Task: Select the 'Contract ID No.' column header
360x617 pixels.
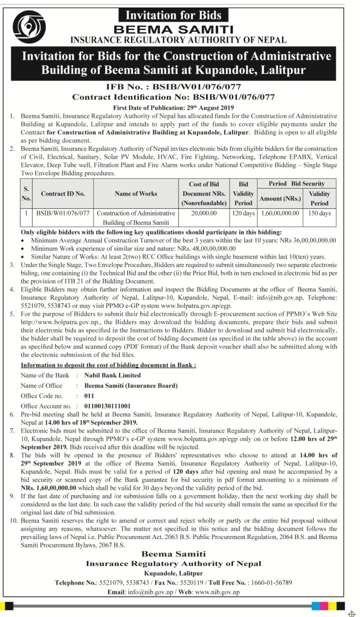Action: pos(63,193)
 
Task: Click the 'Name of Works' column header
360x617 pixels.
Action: pos(135,193)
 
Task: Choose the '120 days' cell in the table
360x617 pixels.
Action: pos(243,213)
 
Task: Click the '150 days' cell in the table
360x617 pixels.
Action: pos(319,213)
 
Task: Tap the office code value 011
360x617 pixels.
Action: pos(89,395)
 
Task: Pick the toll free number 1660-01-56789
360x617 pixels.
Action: pos(270,582)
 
